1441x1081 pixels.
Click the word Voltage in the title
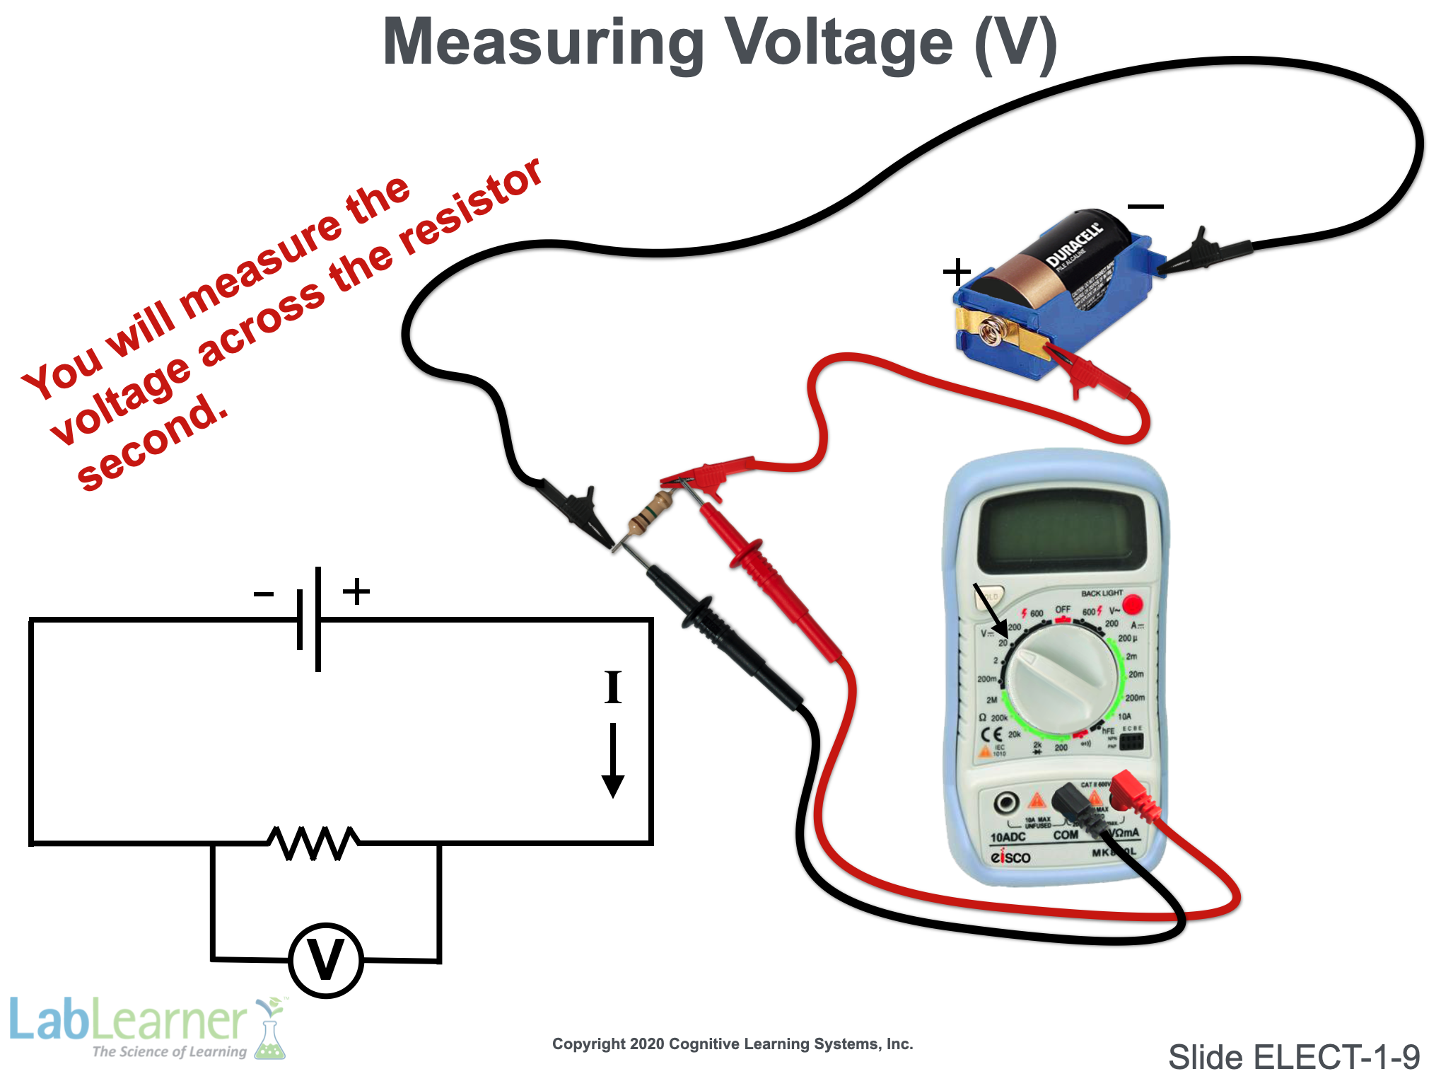(840, 42)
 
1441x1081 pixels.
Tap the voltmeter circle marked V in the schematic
(326, 960)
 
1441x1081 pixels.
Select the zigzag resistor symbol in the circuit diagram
(313, 843)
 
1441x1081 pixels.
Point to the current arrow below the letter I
(612, 761)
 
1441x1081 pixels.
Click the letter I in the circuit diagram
(613, 687)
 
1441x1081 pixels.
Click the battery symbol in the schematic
(310, 620)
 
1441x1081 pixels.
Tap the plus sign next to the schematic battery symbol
(356, 591)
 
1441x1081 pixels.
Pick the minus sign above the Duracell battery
(1145, 207)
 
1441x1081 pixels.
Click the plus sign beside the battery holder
(957, 272)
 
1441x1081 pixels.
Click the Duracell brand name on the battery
(1074, 245)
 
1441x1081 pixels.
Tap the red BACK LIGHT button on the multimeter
(1132, 604)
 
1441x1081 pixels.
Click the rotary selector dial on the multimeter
(1061, 678)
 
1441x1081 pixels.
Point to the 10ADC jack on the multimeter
(1006, 803)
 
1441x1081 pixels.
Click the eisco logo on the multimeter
(1010, 857)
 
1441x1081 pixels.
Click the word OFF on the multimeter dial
(1063, 609)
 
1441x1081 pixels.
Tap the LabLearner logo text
(127, 1021)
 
